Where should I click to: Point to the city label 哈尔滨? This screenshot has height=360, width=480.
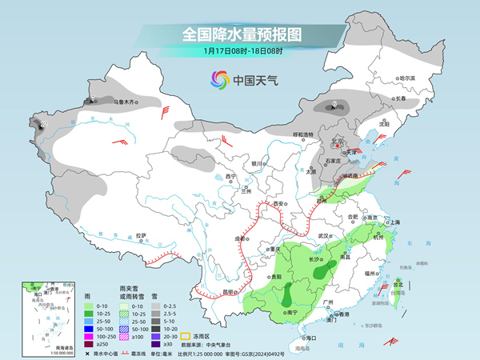point(406,78)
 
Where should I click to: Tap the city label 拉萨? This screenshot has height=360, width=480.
point(141,235)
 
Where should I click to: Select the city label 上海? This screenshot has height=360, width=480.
point(393,222)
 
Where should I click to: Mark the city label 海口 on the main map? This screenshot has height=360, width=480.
point(310,338)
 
